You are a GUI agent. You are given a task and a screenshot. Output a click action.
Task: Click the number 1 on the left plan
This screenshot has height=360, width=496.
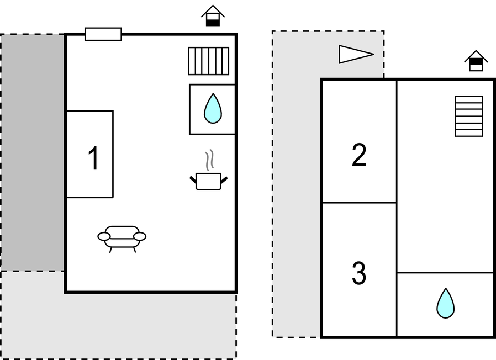(x=93, y=158)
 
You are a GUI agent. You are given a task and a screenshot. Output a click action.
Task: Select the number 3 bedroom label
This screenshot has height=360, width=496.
(x=359, y=273)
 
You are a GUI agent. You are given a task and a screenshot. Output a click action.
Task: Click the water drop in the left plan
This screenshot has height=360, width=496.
(x=212, y=108)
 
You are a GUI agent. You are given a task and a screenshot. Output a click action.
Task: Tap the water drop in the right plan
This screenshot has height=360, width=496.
(x=445, y=303)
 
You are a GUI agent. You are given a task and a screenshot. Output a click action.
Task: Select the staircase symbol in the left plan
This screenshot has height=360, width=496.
(x=208, y=61)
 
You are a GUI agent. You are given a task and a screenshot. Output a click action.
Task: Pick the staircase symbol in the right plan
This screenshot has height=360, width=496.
(x=468, y=116)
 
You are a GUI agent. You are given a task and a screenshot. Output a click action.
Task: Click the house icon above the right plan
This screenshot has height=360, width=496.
(x=476, y=61)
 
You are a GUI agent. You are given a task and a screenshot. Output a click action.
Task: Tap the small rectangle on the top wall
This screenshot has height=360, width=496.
(x=103, y=34)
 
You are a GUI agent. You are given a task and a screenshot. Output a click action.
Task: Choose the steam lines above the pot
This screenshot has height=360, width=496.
(x=209, y=160)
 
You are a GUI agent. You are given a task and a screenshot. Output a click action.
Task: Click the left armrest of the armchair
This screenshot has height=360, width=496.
(x=104, y=236)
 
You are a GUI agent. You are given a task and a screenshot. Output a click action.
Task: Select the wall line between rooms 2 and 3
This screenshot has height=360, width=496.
(x=359, y=203)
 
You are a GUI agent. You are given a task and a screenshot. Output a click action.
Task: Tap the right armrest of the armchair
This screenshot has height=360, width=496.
(x=140, y=236)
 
